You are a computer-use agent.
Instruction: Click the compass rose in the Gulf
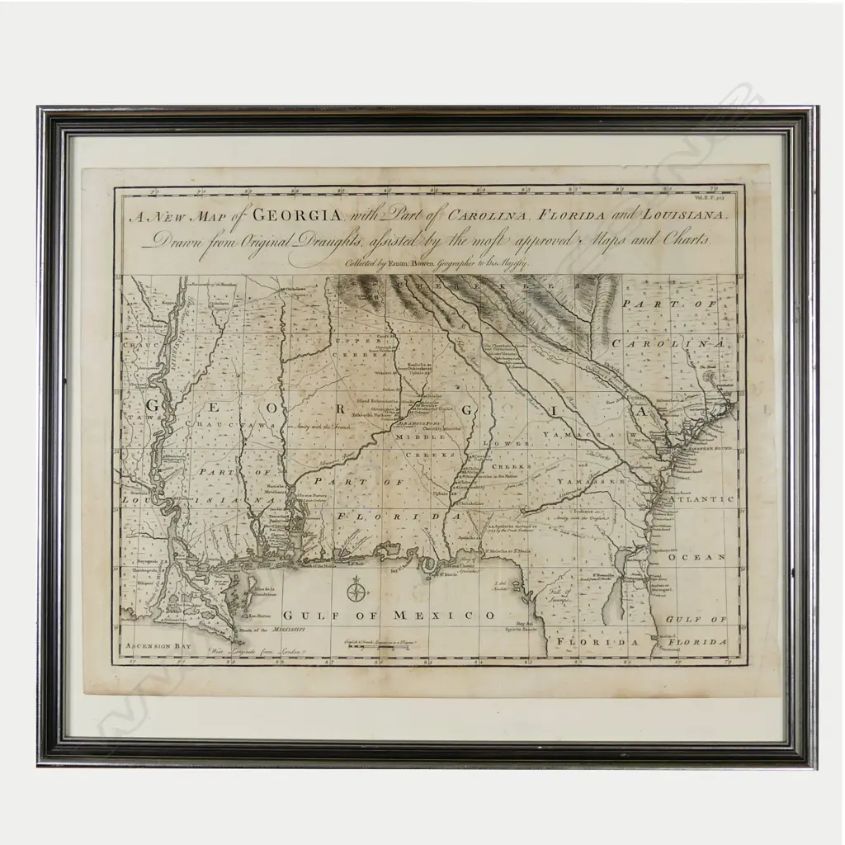(x=356, y=589)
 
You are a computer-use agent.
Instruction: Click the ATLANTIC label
(x=701, y=499)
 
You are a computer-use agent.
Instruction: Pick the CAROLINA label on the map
(x=682, y=343)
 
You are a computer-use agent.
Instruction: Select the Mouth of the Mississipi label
(x=266, y=630)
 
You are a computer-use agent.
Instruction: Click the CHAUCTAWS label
(x=229, y=423)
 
